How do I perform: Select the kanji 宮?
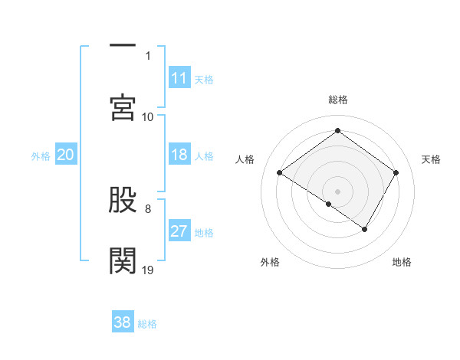123,106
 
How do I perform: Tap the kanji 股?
123,201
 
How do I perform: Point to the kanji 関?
123,260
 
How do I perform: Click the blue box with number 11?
179,78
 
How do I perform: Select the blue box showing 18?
179,155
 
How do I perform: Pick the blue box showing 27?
179,232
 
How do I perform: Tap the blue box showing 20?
66,155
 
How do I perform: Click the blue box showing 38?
123,322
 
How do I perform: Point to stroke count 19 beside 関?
148,270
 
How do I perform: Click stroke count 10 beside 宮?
148,116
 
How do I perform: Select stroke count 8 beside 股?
148,208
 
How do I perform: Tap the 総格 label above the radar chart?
338,100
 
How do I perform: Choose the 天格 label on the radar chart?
432,159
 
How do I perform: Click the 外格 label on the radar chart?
270,262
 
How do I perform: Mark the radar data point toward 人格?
280,173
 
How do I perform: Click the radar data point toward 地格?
365,229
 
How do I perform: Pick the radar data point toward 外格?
329,204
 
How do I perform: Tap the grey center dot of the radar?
338,191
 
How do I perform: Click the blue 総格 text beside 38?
147,323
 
